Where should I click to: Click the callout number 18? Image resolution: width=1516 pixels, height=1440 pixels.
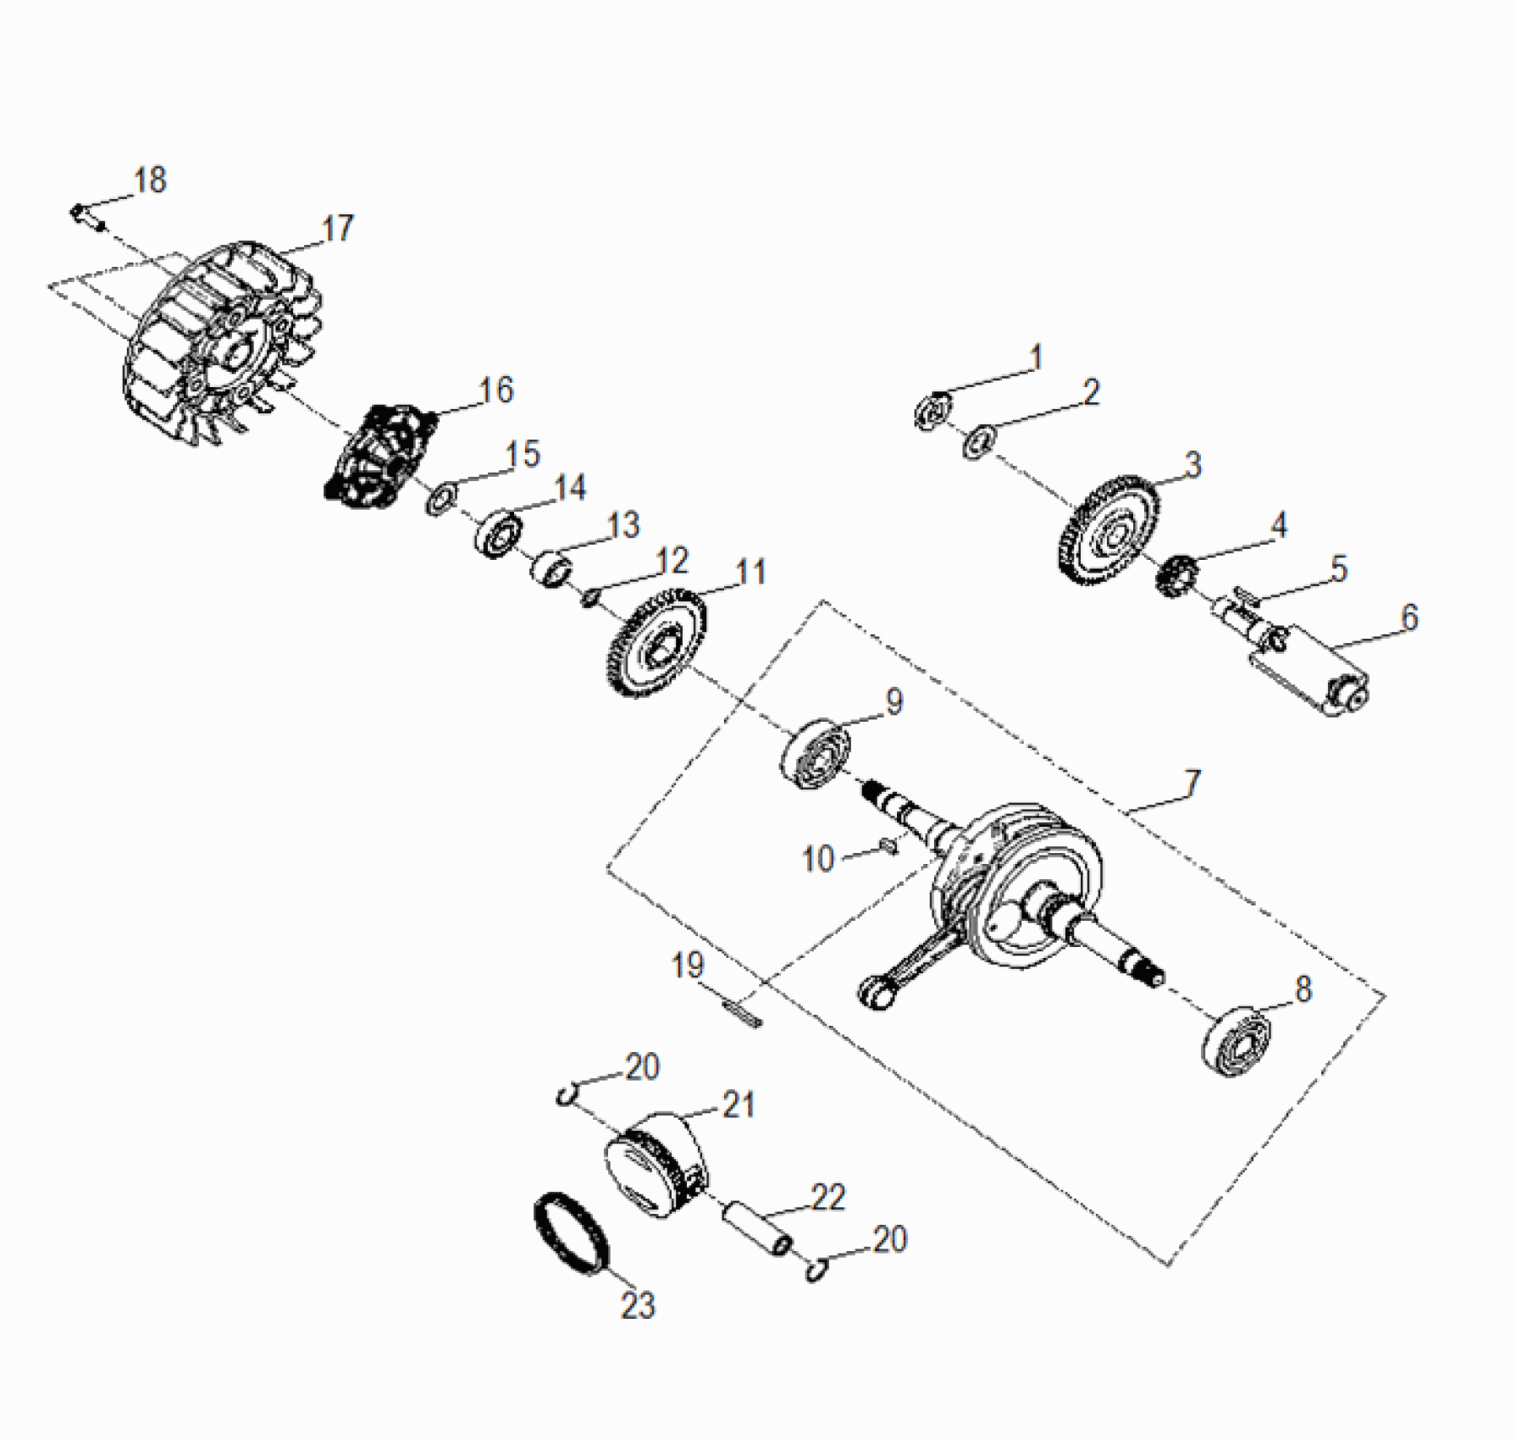pyautogui.click(x=151, y=180)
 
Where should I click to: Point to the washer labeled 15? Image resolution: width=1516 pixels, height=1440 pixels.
pyautogui.click(x=441, y=499)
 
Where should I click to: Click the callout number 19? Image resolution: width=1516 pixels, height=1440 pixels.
pyautogui.click(x=687, y=966)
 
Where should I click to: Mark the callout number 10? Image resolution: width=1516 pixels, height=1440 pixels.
pyautogui.click(x=818, y=859)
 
